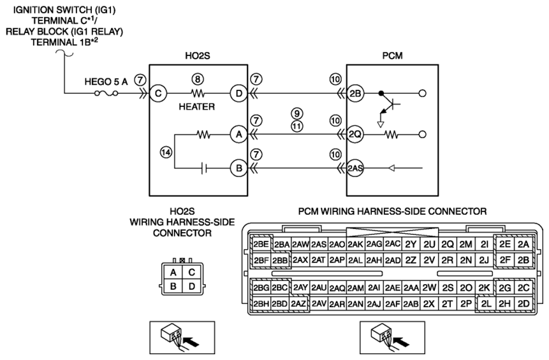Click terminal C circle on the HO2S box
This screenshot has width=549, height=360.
click(158, 94)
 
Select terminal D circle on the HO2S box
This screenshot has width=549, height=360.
click(238, 94)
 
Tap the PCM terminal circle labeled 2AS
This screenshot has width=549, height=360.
click(355, 168)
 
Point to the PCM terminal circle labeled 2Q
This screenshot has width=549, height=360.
click(355, 134)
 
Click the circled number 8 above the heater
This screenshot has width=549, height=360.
click(198, 80)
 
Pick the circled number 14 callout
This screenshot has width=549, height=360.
click(166, 152)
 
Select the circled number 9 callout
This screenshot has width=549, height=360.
click(297, 113)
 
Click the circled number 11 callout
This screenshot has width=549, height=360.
click(297, 126)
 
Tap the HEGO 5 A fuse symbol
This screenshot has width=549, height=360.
click(106, 94)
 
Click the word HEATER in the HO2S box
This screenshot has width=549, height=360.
click(197, 106)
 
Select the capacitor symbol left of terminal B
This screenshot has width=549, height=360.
click(205, 169)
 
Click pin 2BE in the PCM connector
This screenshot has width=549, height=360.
click(261, 244)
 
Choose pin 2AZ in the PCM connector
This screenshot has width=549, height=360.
click(298, 304)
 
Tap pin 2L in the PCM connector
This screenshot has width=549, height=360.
click(485, 304)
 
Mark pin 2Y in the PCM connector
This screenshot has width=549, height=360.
click(411, 244)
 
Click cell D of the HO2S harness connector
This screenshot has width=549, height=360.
click(191, 287)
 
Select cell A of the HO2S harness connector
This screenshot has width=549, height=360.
click(173, 272)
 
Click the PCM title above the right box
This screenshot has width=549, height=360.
click(393, 56)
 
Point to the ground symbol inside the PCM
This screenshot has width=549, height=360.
click(381, 124)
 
